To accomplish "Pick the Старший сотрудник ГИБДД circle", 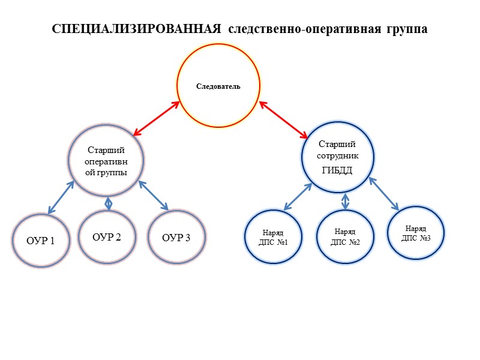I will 337,157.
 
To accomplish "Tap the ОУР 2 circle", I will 107,236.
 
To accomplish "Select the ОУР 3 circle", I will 176,238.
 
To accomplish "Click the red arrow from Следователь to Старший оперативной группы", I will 157,118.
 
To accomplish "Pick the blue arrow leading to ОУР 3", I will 153,196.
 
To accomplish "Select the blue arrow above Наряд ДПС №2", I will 345,201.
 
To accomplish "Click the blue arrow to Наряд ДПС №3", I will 384,193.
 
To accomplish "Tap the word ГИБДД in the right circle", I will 337,170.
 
